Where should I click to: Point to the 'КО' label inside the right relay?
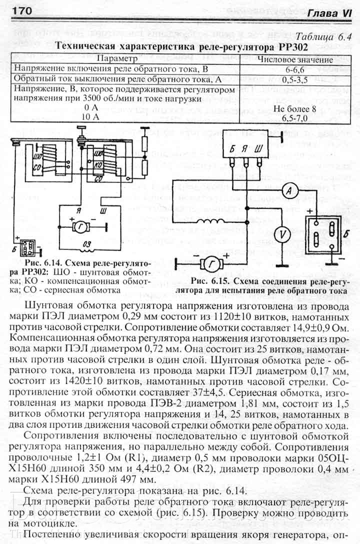[x=98, y=163]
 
